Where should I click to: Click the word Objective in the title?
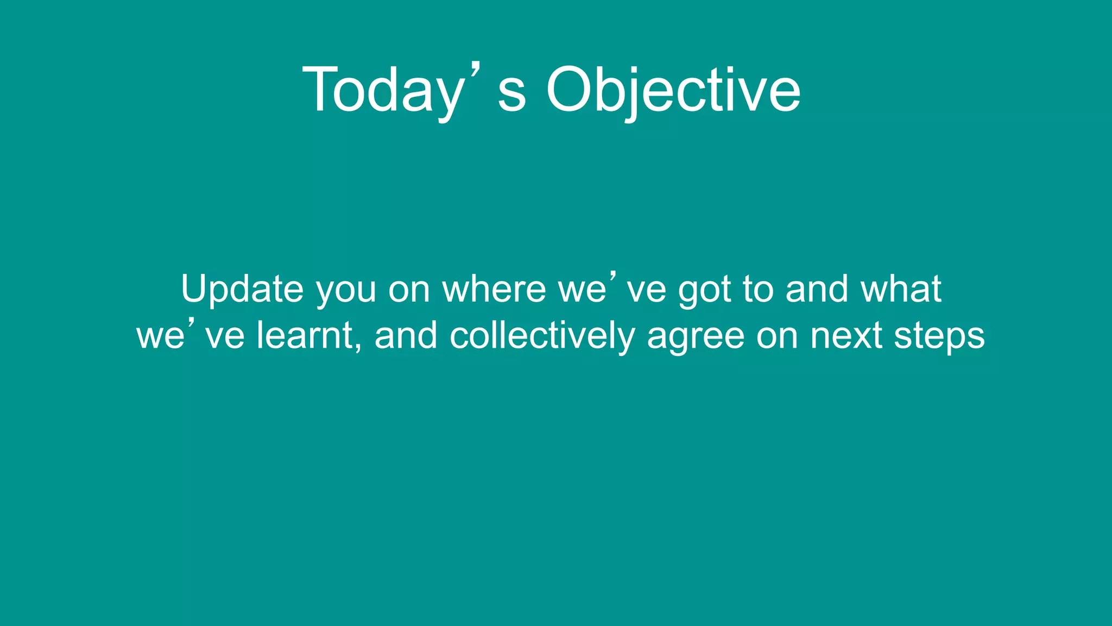tap(673, 90)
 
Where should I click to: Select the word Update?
tap(242, 289)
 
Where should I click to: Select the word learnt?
tap(305, 335)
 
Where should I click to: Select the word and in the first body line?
tap(817, 289)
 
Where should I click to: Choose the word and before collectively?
tap(406, 335)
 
